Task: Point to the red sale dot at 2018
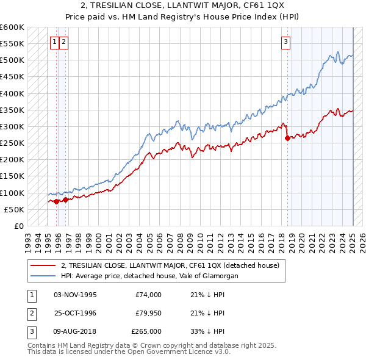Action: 287,138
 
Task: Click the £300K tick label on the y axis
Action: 12,126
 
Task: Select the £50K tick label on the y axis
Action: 15,209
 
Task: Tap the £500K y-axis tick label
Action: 12,60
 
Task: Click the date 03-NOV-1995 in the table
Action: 75,295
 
